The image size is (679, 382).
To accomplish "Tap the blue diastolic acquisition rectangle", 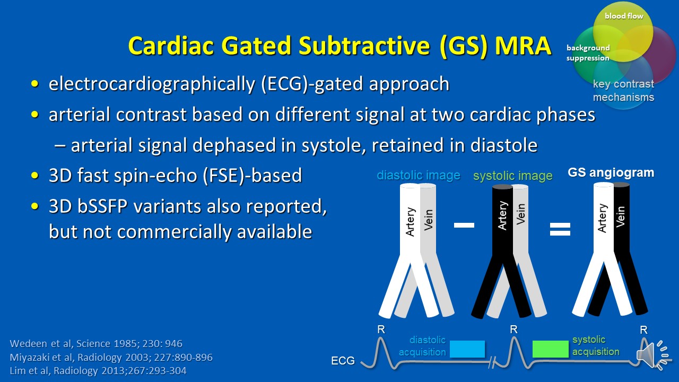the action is pyautogui.click(x=467, y=349).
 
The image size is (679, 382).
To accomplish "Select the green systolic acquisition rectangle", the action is pyautogui.click(x=550, y=349).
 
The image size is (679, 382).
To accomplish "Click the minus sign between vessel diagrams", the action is pyautogui.click(x=464, y=225).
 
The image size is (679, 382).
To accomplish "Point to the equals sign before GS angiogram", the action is pyautogui.click(x=560, y=229).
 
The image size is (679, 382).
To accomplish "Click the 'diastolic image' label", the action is pyautogui.click(x=419, y=175).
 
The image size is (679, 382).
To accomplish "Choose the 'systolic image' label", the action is pyautogui.click(x=513, y=176).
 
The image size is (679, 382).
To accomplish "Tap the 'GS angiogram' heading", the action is pyautogui.click(x=611, y=172).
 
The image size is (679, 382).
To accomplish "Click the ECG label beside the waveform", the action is pyautogui.click(x=343, y=360).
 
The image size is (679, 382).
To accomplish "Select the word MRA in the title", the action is pyautogui.click(x=523, y=46).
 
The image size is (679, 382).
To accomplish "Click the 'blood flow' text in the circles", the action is pyautogui.click(x=624, y=16).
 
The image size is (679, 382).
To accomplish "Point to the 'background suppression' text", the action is pyautogui.click(x=588, y=53).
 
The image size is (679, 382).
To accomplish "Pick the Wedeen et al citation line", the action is pyautogui.click(x=96, y=343).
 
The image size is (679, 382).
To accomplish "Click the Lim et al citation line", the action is pyautogui.click(x=98, y=370).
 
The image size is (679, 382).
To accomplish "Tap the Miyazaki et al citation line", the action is pyautogui.click(x=111, y=357).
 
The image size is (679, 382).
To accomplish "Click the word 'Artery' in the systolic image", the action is pyautogui.click(x=502, y=215).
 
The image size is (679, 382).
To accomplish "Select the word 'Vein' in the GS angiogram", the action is pyautogui.click(x=621, y=216).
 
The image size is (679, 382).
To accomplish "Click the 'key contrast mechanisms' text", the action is pyautogui.click(x=623, y=90).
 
